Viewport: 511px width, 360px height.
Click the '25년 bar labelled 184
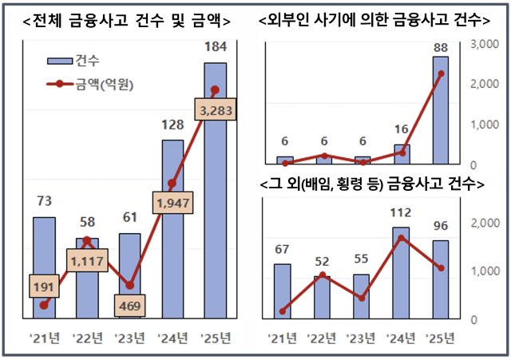click(x=215, y=192)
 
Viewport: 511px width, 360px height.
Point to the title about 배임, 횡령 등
click(x=373, y=185)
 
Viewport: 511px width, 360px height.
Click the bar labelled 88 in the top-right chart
click(x=441, y=110)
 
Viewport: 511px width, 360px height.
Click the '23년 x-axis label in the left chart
click(x=130, y=338)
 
